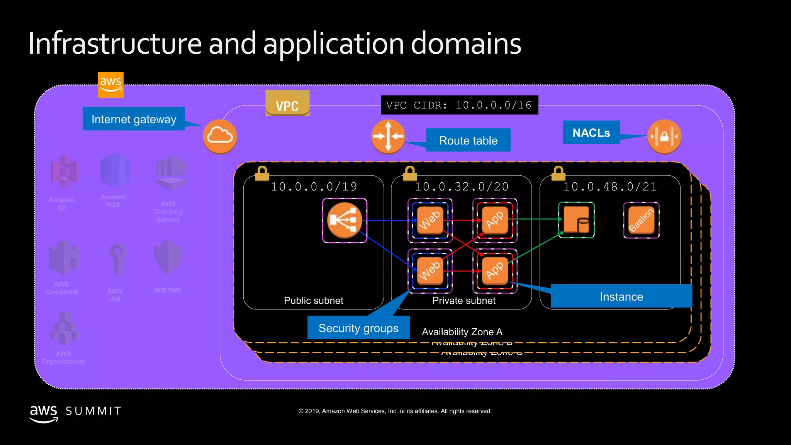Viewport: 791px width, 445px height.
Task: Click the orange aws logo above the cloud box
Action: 110,85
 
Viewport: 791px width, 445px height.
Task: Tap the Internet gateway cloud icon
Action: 220,136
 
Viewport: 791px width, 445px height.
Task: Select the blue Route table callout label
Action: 468,140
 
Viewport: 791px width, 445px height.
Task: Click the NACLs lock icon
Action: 664,137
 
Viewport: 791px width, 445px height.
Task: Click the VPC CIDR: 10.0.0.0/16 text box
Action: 459,105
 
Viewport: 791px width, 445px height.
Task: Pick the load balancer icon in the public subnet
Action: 345,220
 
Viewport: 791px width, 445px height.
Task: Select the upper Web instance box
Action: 430,220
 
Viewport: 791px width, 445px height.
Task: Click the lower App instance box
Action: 495,271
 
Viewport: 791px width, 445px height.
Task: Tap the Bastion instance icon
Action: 641,220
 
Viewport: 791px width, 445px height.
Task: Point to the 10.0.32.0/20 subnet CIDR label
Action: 462,187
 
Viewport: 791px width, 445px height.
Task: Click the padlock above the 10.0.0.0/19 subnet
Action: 262,173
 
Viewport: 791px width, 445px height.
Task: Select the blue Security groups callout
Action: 358,328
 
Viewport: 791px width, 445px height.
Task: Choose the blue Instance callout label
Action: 621,296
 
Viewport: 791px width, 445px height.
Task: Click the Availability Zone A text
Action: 462,332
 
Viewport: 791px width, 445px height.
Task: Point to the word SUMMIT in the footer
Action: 93,411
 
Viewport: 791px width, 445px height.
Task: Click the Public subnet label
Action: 313,301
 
